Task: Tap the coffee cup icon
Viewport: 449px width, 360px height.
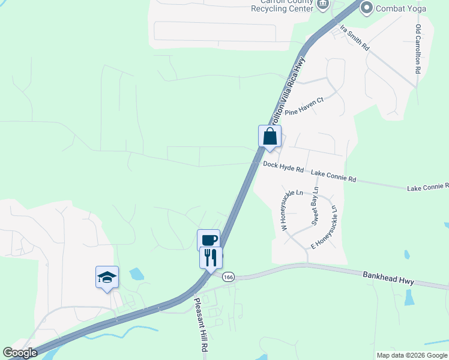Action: pyautogui.click(x=209, y=240)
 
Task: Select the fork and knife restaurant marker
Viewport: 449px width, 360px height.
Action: pyautogui.click(x=211, y=258)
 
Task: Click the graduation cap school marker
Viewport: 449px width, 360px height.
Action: pyautogui.click(x=107, y=277)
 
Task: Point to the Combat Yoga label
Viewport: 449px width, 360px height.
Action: pyautogui.click(x=401, y=8)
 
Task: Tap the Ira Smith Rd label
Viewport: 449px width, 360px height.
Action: pyautogui.click(x=354, y=37)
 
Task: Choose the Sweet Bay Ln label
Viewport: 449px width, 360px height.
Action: pyautogui.click(x=315, y=209)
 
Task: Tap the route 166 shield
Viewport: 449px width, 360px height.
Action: pyautogui.click(x=228, y=277)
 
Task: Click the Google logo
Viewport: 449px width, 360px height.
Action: pyautogui.click(x=20, y=353)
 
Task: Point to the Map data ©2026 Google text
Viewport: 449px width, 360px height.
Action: pyautogui.click(x=411, y=355)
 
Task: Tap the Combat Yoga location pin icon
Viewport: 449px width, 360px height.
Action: pyautogui.click(x=367, y=8)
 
